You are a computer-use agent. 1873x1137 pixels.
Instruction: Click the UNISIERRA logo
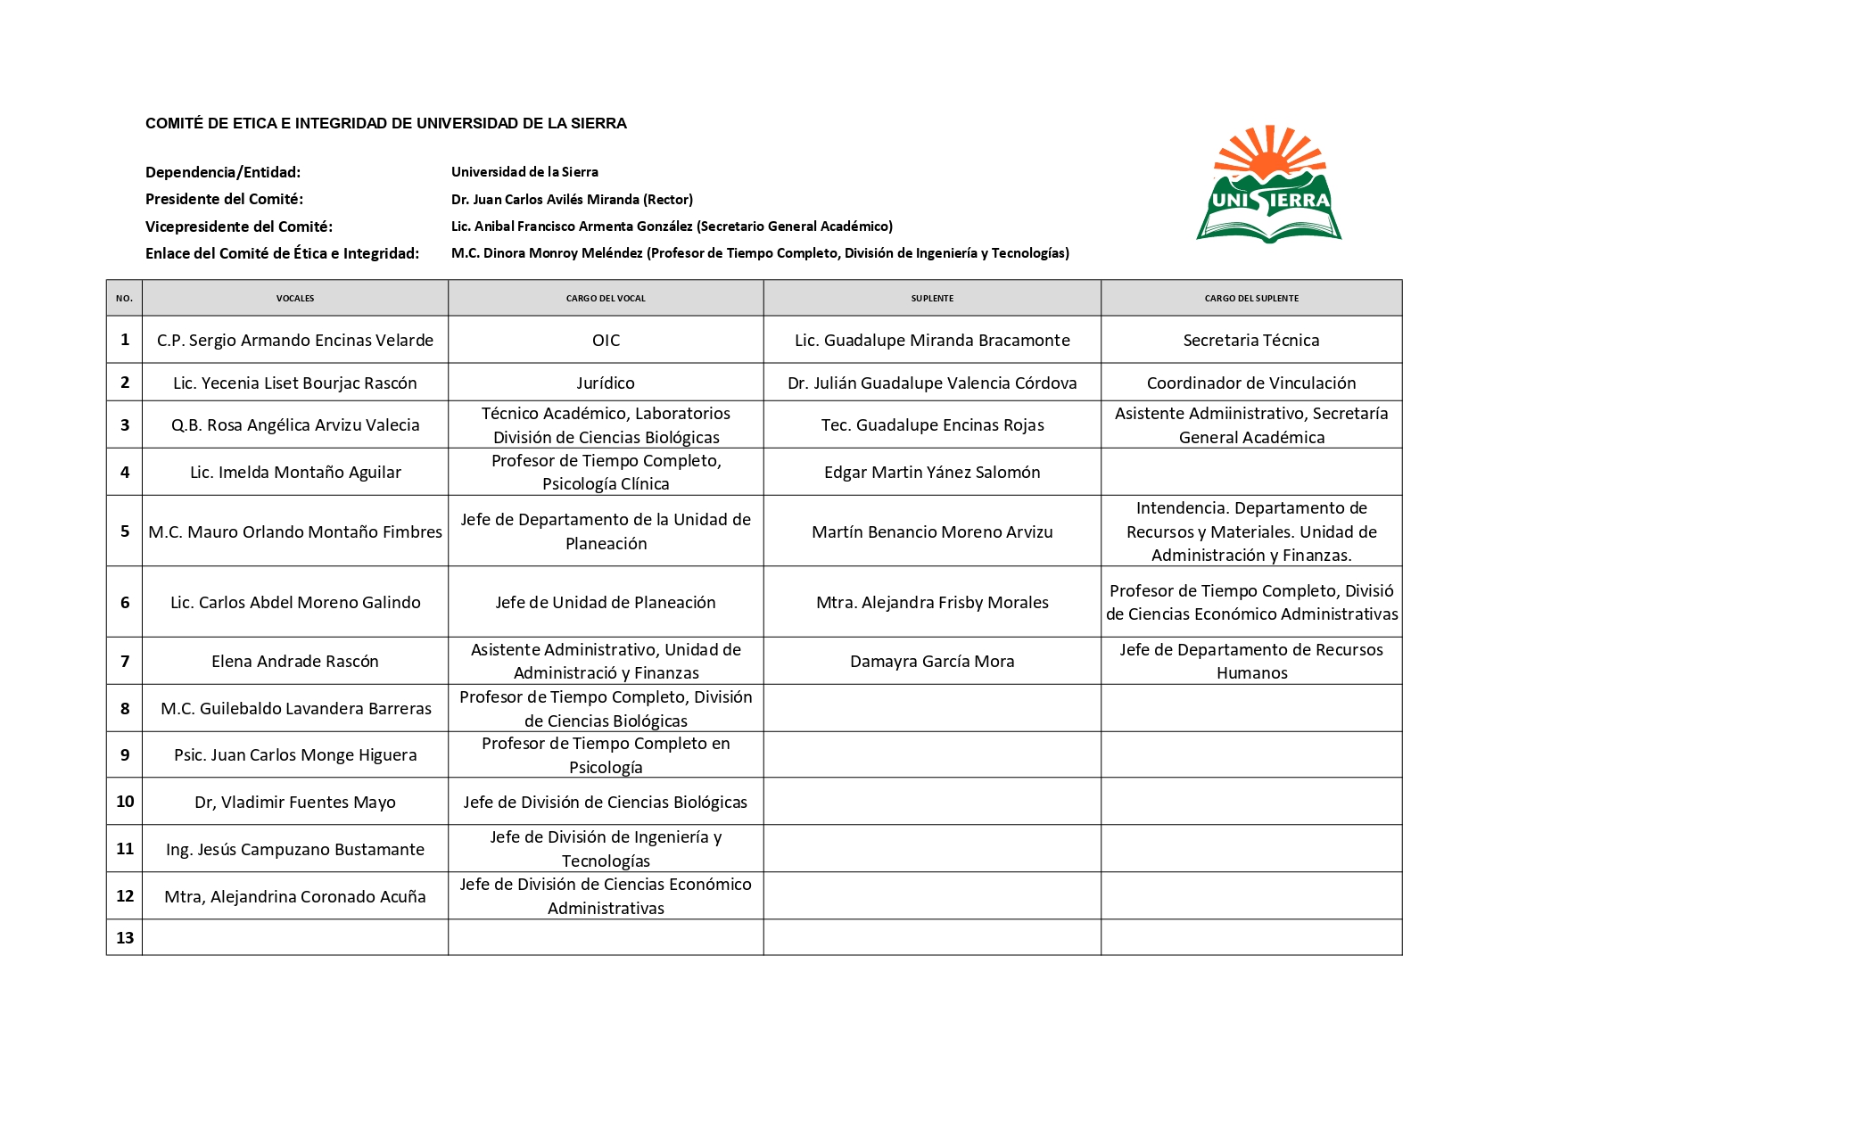click(1268, 185)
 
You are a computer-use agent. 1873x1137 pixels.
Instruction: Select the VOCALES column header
click(295, 298)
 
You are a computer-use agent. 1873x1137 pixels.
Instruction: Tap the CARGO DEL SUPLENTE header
click(1251, 298)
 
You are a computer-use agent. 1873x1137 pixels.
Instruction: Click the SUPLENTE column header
click(932, 298)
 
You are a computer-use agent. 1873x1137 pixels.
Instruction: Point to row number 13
click(125, 937)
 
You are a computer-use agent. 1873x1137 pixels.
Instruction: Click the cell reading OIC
click(606, 340)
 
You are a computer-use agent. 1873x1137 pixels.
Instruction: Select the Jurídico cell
click(606, 383)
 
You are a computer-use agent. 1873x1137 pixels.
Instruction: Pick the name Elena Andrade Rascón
click(295, 661)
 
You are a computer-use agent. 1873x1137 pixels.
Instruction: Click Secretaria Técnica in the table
click(1251, 340)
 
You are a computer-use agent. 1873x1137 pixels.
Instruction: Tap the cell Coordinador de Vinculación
click(1251, 383)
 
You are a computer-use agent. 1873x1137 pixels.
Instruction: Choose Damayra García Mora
click(932, 661)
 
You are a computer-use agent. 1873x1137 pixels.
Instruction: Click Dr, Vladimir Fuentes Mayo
click(295, 802)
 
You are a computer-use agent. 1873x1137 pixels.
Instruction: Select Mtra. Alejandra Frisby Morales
click(932, 602)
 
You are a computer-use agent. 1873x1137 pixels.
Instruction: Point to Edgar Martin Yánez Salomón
click(932, 472)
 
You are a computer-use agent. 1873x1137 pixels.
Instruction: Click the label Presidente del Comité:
click(224, 199)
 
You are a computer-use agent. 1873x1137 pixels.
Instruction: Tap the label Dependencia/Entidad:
click(223, 172)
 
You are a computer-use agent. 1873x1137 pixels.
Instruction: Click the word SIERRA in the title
click(603, 123)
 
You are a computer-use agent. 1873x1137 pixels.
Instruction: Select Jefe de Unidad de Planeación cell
click(606, 602)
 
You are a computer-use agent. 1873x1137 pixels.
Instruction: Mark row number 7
click(125, 661)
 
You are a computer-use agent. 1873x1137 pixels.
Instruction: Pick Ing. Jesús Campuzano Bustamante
click(295, 849)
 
